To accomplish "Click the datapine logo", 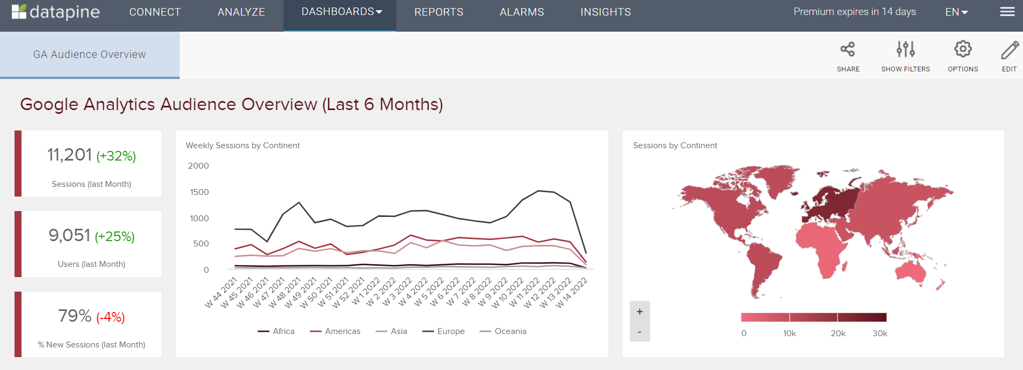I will point(56,12).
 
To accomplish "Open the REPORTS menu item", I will point(438,12).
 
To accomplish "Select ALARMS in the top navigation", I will point(522,12).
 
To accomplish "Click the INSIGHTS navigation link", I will point(606,12).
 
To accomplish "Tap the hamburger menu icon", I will point(1007,12).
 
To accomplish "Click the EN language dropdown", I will point(956,12).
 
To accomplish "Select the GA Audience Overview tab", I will point(90,54).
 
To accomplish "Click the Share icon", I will point(848,50).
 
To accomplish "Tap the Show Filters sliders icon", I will point(905,50).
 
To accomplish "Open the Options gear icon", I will point(963,49).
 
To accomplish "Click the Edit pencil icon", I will point(1009,50).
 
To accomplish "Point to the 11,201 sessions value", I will point(70,155).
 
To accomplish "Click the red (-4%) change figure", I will point(111,317).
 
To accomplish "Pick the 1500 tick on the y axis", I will point(199,192).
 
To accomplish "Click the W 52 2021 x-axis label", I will point(348,293).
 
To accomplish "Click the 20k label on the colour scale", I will point(838,333).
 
